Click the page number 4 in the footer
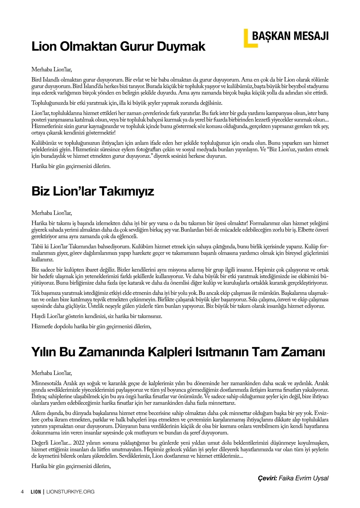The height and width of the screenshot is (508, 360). [22, 491]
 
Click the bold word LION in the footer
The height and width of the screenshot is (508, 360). [36, 491]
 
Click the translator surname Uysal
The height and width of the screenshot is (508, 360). [320, 478]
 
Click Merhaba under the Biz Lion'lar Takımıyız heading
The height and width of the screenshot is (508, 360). [42, 213]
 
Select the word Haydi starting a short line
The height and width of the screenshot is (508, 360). [38, 316]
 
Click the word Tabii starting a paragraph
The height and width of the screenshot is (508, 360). [37, 246]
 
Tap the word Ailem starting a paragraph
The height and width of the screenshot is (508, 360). [38, 413]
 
